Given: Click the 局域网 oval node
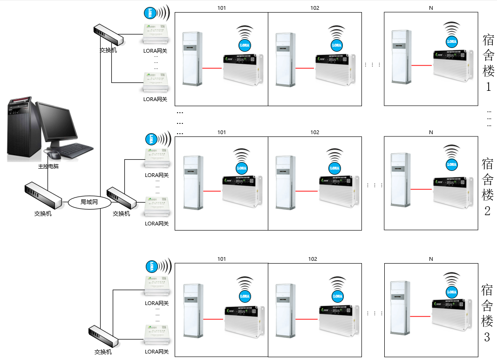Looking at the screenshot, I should coord(90,202).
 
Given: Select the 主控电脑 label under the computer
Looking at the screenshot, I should coord(48,166).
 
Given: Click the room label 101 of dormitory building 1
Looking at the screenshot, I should coord(222,8).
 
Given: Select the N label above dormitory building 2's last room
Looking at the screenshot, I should coord(431,132).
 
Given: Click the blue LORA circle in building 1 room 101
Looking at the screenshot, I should coord(245,45).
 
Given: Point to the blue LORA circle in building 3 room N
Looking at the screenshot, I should coord(451,292).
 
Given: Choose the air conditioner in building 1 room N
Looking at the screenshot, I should coord(401,57).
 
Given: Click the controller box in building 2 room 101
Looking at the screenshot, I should coord(242,191).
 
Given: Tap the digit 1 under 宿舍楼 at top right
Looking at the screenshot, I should coord(488,87).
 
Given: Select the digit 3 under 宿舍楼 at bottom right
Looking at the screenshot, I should coord(487,337).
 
